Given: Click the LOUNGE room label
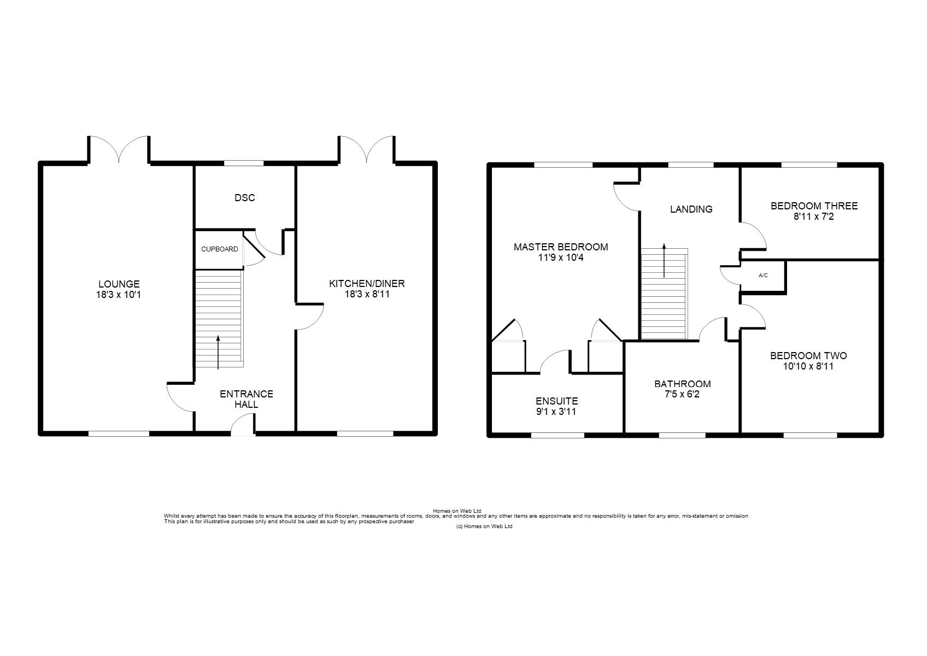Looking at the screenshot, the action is (119, 284).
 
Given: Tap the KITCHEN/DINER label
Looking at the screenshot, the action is (367, 284).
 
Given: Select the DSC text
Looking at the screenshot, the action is (244, 198).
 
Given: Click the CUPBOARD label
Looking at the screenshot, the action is (219, 249).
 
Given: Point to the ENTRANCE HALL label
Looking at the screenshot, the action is (246, 399).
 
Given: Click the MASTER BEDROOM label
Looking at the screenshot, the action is (561, 247).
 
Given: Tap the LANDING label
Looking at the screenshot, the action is (691, 209).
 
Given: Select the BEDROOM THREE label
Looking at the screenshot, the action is (814, 206).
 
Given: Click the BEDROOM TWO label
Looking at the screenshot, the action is (808, 355).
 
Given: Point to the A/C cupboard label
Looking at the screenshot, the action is (763, 275).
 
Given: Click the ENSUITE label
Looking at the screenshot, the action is (556, 401).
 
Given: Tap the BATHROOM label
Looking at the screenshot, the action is (683, 384).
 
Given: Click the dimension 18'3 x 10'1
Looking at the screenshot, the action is (119, 295).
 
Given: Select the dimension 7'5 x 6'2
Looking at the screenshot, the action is (682, 395).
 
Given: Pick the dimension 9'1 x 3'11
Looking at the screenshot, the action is (556, 412).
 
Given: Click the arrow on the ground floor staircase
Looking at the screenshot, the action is (218, 352).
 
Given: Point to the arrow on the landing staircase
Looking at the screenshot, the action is (664, 260).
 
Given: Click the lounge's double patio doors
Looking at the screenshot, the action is (119, 149).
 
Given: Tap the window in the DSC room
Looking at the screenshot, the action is (244, 163).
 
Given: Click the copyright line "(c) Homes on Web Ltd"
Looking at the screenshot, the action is (484, 526).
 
